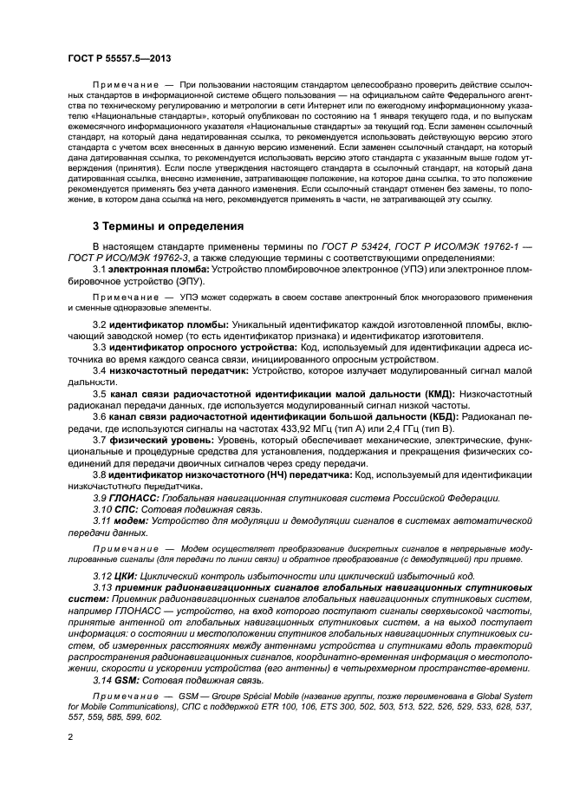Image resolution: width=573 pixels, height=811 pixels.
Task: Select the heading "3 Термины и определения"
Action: click(168, 226)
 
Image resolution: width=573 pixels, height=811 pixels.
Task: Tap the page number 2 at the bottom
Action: click(70, 736)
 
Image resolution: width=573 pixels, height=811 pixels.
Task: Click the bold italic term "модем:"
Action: click(133, 520)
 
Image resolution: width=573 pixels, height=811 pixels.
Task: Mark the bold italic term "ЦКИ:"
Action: click(129, 576)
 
